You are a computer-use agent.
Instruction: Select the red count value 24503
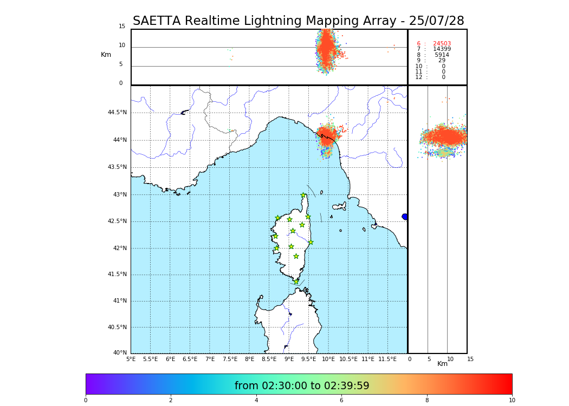(x=442, y=44)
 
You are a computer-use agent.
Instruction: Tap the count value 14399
(x=442, y=49)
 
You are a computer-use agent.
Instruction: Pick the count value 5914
(x=442, y=55)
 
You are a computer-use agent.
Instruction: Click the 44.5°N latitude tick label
(x=117, y=113)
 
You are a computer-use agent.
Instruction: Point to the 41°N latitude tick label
(x=119, y=301)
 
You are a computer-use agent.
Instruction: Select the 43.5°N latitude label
(x=117, y=167)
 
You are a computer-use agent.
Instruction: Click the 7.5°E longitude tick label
(x=230, y=359)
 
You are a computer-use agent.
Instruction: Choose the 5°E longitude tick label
(x=131, y=359)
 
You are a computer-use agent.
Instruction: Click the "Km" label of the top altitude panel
(x=106, y=55)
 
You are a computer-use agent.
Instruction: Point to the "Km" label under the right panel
(x=442, y=364)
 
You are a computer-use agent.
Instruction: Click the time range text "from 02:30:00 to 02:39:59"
(x=302, y=386)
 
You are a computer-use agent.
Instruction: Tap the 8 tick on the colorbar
(x=427, y=401)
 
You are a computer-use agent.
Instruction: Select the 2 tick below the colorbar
(x=171, y=401)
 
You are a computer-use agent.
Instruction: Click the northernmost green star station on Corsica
(x=303, y=195)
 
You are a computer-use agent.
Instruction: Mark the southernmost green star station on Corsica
(x=296, y=281)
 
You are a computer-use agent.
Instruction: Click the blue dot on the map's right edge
(x=405, y=217)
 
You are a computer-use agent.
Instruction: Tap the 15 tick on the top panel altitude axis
(x=122, y=27)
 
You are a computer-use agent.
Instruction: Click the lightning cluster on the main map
(x=327, y=135)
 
